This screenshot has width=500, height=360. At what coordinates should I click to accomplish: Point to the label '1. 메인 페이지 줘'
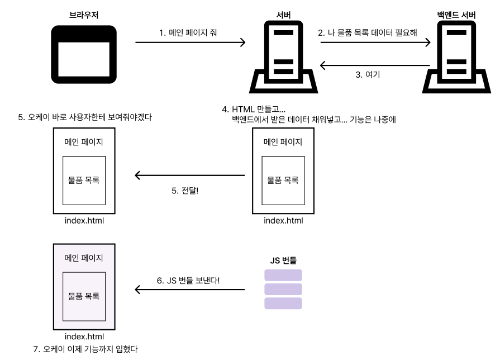(189, 32)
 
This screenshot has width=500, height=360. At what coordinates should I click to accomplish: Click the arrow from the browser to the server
(191, 42)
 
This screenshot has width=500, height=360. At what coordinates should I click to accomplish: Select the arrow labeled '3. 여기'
(375, 65)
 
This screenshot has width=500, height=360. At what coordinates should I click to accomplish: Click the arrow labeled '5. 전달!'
(190, 176)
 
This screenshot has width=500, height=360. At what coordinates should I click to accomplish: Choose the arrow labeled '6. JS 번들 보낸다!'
(190, 290)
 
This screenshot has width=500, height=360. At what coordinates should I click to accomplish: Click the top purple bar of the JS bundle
(283, 275)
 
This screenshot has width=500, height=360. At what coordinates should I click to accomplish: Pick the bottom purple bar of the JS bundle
(283, 303)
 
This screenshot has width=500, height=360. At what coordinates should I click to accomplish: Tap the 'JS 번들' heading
(283, 260)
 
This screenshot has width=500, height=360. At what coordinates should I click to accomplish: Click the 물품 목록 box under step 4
(283, 180)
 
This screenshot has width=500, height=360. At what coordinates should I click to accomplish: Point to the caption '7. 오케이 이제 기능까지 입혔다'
(85, 349)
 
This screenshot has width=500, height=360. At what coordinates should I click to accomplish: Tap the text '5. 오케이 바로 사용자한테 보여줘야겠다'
(85, 117)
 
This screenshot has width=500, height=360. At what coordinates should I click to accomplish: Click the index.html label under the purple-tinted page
(84, 337)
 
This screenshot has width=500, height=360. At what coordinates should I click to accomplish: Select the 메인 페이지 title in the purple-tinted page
(84, 258)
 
